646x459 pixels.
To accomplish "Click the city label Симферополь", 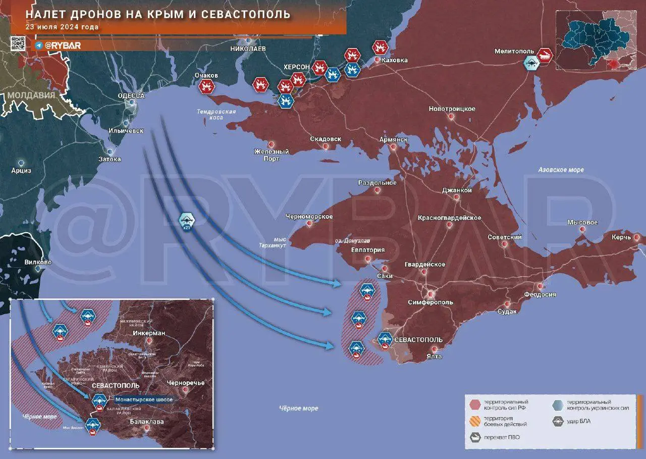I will [430, 302].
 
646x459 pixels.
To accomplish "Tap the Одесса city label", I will [131, 95].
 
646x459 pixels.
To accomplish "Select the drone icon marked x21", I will [187, 220].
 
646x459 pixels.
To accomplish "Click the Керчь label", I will [621, 237].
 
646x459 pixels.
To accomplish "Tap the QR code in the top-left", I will [18, 44].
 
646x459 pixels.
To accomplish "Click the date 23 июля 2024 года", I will [62, 27].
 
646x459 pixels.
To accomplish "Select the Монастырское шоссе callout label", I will [144, 399].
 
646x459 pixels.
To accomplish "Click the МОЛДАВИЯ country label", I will [31, 95].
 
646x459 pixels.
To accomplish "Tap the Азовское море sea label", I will [560, 170].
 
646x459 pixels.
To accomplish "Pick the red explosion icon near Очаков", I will [206, 86].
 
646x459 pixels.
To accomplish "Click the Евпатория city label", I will [368, 250].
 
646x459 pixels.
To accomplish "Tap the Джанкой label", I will [457, 190].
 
